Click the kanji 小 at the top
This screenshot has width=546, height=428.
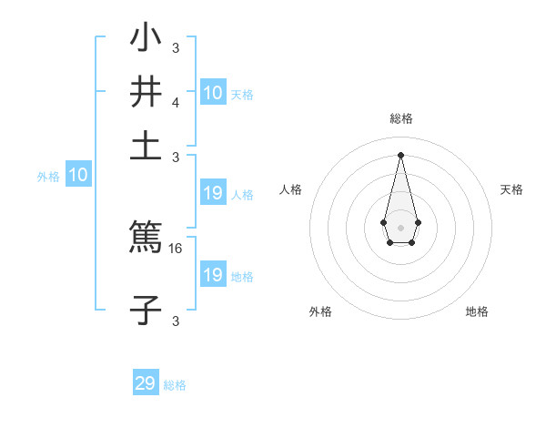click(x=146, y=40)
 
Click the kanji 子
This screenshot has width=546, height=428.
click(x=146, y=310)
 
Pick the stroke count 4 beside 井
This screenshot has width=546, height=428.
click(x=175, y=103)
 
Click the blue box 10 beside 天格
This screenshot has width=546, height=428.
click(x=212, y=93)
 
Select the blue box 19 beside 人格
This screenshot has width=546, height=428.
click(x=212, y=193)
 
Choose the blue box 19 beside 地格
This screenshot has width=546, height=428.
click(x=212, y=275)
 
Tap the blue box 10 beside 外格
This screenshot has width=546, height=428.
click(x=78, y=176)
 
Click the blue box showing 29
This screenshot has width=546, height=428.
click(x=146, y=383)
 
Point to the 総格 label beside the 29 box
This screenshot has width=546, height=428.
click(x=175, y=385)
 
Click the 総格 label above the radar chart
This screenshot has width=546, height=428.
click(x=400, y=118)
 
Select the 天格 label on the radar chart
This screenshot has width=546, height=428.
click(x=511, y=189)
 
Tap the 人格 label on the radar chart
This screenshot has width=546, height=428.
click(x=291, y=189)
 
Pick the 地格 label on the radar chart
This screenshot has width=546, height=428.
click(x=477, y=311)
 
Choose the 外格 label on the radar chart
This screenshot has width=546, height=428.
click(x=320, y=311)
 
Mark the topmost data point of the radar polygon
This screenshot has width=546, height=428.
click(x=400, y=155)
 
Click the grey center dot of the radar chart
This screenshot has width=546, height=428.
click(x=400, y=227)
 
